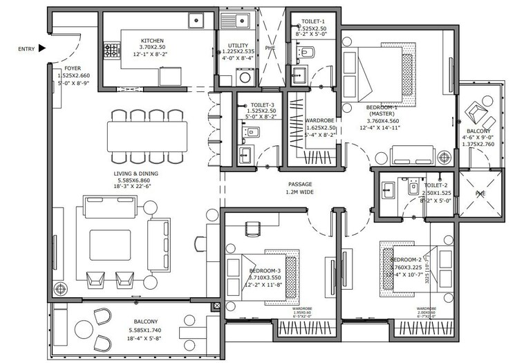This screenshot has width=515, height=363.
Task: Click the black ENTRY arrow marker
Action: [43, 48]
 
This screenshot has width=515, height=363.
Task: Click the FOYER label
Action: [73, 68]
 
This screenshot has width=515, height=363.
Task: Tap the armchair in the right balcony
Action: [477, 110]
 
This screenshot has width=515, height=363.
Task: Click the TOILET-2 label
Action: [436, 185]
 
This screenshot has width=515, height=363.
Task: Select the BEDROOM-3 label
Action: [265, 270]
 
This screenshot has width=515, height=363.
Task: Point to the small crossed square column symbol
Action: [216, 305]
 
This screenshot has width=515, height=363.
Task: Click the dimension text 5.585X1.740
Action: [142, 331]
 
